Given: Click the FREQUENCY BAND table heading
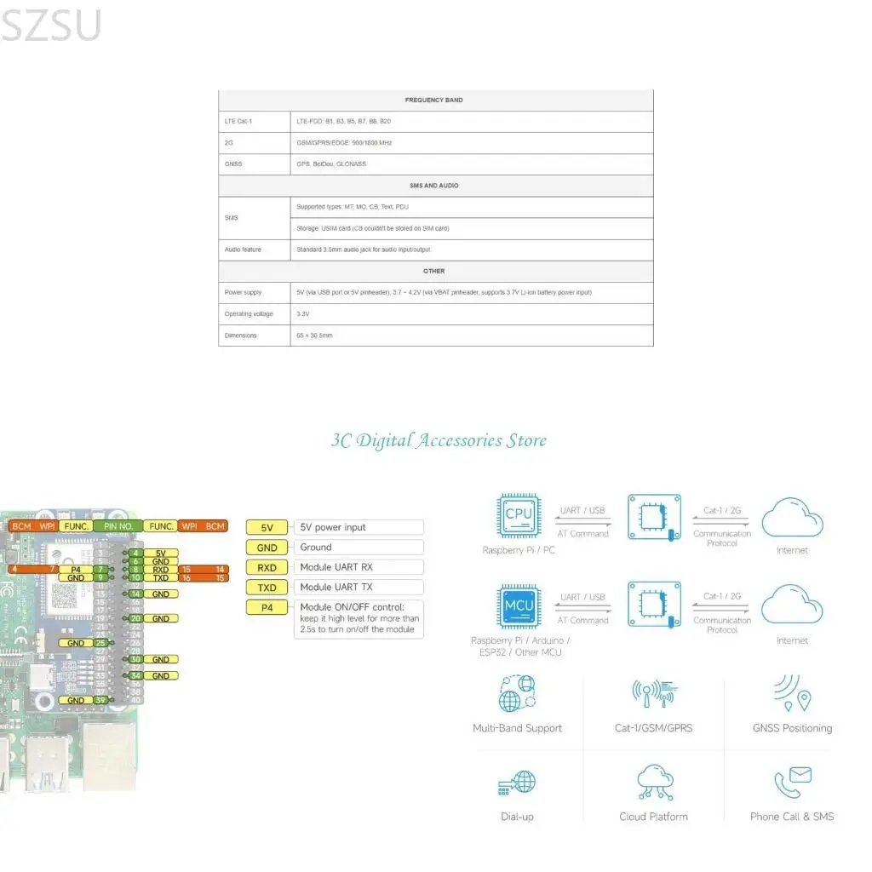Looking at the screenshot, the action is [434, 100].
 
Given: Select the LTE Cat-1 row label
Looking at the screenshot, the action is [238, 122].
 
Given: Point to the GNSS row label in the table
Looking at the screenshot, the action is [232, 164].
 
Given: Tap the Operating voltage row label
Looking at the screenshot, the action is [249, 314].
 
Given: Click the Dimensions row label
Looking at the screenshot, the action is [240, 336].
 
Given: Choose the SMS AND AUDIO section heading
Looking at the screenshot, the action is [434, 186].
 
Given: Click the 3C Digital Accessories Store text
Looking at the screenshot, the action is [439, 440].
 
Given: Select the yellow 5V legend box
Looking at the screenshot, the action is [267, 528].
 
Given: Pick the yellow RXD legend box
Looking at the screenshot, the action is [267, 567].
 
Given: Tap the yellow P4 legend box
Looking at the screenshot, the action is [267, 607].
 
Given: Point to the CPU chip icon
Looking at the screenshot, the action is [519, 514].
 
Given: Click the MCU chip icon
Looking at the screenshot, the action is [519, 605].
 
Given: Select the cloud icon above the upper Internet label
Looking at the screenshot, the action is [792, 517].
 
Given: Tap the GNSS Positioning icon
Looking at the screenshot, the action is [793, 694].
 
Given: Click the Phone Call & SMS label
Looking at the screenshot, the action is [792, 817].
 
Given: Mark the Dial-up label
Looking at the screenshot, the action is [518, 817].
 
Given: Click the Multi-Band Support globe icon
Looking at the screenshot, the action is [517, 694].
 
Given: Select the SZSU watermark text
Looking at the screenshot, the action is [51, 26].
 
